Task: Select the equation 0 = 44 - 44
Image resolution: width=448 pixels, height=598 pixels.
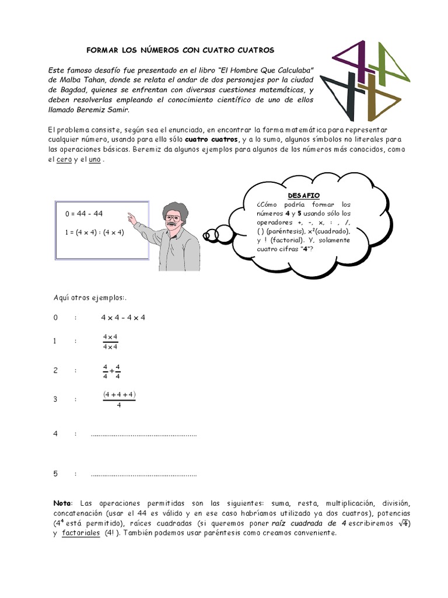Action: [x=84, y=214]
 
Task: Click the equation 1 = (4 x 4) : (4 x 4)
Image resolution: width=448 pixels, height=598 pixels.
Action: [x=94, y=232]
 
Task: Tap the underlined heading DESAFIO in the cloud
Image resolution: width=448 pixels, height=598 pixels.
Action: [x=304, y=195]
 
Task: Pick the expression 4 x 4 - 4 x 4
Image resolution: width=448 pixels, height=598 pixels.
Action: [x=123, y=318]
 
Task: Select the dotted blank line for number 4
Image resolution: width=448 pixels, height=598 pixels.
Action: [x=143, y=434]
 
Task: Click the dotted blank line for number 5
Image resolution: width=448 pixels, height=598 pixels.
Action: [x=143, y=474]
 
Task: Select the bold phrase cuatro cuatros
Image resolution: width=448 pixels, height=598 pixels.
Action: [x=212, y=140]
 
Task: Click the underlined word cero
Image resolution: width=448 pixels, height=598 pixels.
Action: [x=64, y=160]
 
